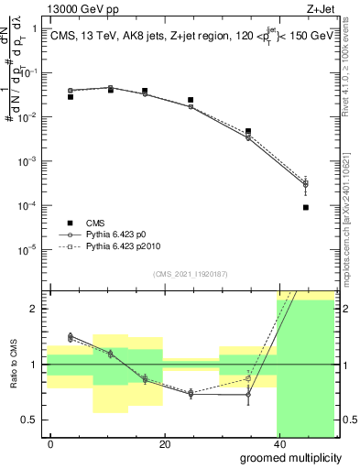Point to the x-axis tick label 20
pyautogui.click(x=164, y=444)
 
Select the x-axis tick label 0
pyautogui.click(x=50, y=444)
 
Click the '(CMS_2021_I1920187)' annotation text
pyautogui.click(x=189, y=273)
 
